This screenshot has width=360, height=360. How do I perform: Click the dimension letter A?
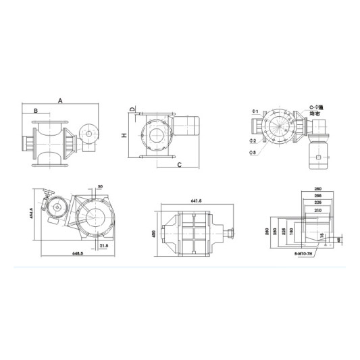tap(60, 100)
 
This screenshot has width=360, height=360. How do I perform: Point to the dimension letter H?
tap(124, 135)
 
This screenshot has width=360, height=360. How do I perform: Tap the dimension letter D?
tap(133, 109)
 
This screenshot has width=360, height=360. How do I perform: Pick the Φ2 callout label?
tap(252, 140)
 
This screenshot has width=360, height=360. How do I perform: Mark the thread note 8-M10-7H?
tap(305, 252)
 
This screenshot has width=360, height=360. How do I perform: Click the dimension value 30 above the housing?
tap(100, 186)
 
